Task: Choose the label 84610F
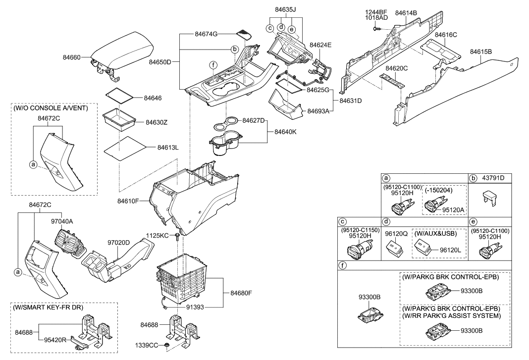pos(128,201)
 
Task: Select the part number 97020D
pos(119,243)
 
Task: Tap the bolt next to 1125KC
pos(176,238)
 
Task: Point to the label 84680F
pos(241,293)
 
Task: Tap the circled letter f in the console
pos(212,65)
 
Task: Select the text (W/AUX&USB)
pos(438,232)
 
